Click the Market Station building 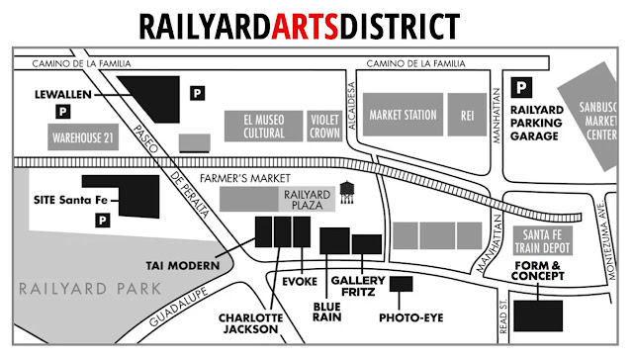(403, 115)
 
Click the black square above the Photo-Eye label (402, 285)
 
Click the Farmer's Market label (236, 179)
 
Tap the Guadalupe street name (185, 310)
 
